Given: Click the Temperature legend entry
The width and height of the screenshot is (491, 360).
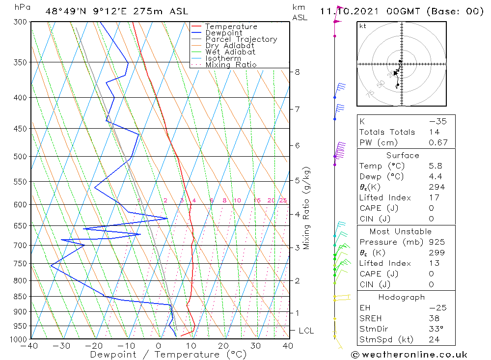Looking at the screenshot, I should click(x=231, y=27).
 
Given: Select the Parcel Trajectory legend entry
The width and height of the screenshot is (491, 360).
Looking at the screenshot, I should click(x=241, y=39).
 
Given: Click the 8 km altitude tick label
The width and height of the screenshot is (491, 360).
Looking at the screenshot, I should click(x=297, y=72).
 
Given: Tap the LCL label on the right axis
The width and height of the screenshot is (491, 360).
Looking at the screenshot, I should click(x=306, y=331).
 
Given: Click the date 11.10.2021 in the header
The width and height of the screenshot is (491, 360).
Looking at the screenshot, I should click(x=344, y=11).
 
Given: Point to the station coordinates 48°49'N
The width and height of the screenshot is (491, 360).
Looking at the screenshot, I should click(x=64, y=11).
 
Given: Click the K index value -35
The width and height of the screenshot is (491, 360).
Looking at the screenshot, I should click(x=434, y=121).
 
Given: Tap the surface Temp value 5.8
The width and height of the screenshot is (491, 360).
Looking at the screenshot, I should click(x=435, y=166).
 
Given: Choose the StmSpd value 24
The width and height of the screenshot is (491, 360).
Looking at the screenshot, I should click(x=434, y=339).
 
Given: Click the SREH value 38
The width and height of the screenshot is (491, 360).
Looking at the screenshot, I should click(x=434, y=318).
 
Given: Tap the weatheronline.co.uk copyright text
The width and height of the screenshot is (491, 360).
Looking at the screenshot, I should click(x=409, y=355).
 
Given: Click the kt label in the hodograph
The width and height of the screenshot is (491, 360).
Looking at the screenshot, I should click(x=362, y=26).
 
